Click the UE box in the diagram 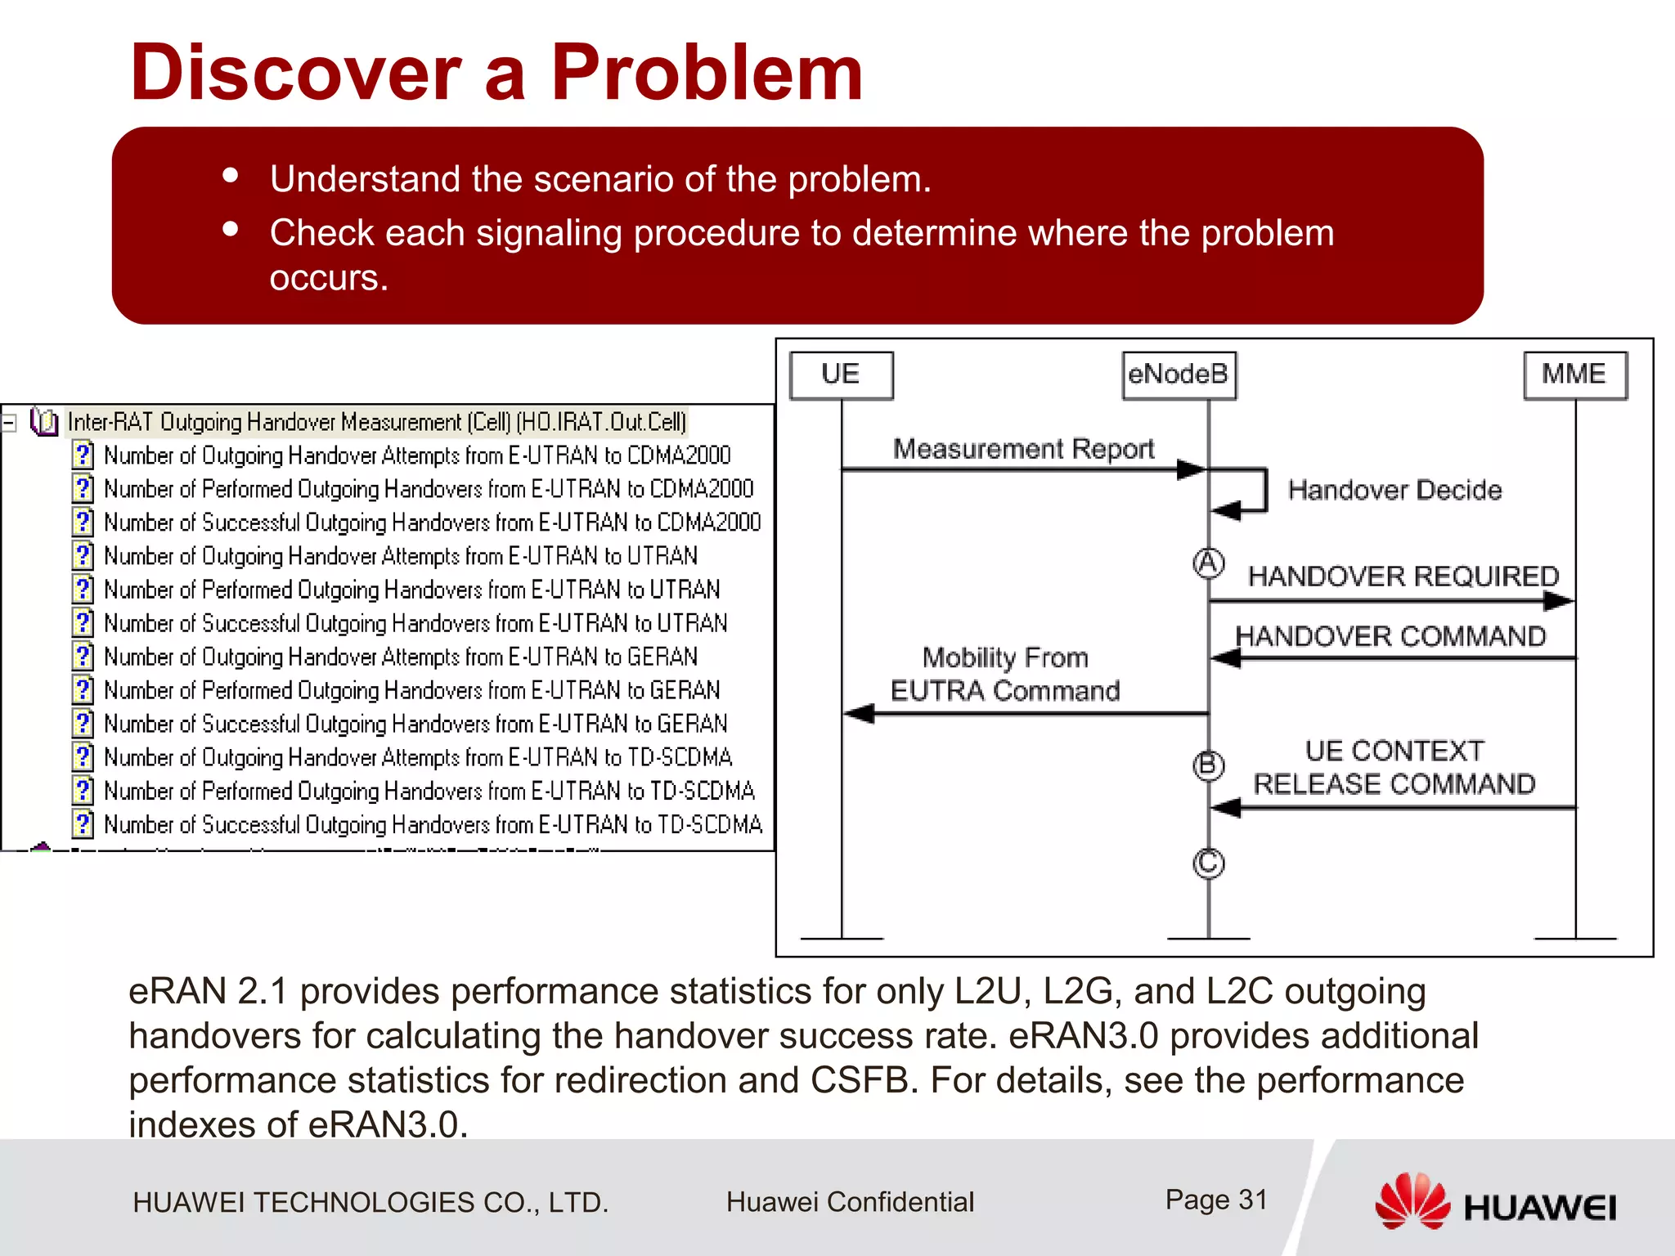point(841,375)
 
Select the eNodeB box point(1179,375)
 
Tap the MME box point(1574,375)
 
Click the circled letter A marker point(1208,563)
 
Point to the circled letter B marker point(1208,766)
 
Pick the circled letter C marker point(1208,863)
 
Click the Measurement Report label point(1023,449)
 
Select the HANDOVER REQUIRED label point(1403,576)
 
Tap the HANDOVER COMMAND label point(1390,636)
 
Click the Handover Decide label point(1394,490)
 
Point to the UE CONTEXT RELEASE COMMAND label point(1394,767)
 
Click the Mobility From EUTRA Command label point(1005,674)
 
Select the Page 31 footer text point(1216,1200)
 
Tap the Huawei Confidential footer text point(850,1202)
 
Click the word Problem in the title point(707,73)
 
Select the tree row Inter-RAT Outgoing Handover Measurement point(376,422)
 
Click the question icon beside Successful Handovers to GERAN point(83,724)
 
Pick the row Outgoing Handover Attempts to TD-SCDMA point(417,757)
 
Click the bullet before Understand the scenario point(231,176)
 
